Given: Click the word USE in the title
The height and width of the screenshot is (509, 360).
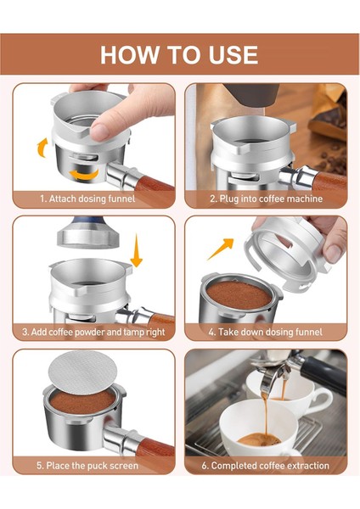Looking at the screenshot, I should point(230,54).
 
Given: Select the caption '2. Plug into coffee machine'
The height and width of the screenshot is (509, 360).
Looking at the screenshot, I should point(265,199).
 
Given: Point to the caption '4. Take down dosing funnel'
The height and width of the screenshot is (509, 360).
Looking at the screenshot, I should point(265,333).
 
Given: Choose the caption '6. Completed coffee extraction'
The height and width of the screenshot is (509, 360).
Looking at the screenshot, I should point(265,466).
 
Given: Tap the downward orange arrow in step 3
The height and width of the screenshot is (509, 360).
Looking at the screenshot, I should point(136,253).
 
